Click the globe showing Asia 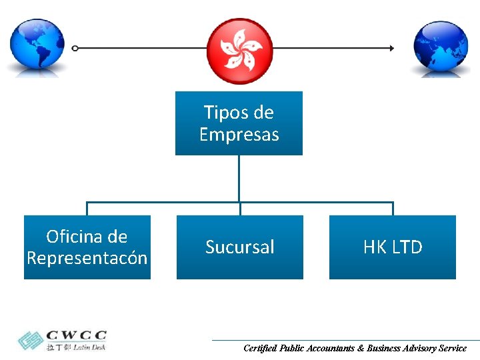(x=441, y=46)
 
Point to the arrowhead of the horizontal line (x=391, y=48)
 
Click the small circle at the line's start (x=75, y=48)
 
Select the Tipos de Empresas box (x=239, y=123)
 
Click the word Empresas (x=239, y=135)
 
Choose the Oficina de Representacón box (x=87, y=247)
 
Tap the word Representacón (x=87, y=258)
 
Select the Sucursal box (x=239, y=247)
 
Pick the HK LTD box (x=393, y=247)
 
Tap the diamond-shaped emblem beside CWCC (x=29, y=340)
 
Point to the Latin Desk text (x=89, y=347)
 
